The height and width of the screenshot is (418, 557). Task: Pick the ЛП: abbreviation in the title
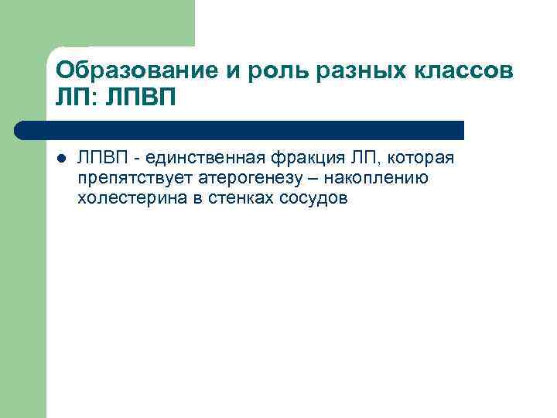click(76, 99)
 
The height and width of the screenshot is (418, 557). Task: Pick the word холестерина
click(122, 199)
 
